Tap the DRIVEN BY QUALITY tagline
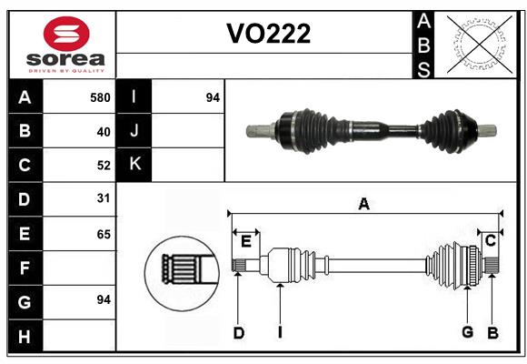click(x=60, y=69)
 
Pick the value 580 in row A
click(x=100, y=97)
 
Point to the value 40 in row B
click(x=103, y=132)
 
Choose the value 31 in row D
click(x=103, y=197)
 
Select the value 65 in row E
click(x=103, y=234)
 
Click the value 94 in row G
click(x=103, y=299)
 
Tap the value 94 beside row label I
click(x=213, y=97)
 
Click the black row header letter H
click(x=25, y=337)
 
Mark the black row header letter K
click(x=134, y=165)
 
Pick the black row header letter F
click(x=25, y=268)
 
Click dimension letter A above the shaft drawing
click(x=363, y=204)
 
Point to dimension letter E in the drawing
click(x=246, y=240)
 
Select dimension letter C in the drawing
click(x=490, y=240)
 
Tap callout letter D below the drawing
click(x=239, y=333)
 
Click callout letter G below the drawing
click(x=467, y=333)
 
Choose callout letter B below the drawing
click(x=492, y=333)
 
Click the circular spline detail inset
click(x=182, y=270)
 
